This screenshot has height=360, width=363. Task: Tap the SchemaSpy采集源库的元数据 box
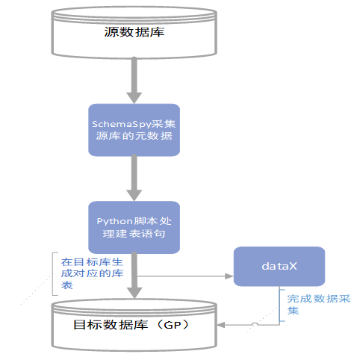coord(134,130)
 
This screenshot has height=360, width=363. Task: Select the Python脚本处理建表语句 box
coord(134,227)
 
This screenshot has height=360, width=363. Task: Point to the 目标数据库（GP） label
coord(135,326)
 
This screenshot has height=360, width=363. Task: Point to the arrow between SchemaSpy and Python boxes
coord(134,178)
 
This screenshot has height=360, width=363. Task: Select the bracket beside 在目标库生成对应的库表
coord(53,274)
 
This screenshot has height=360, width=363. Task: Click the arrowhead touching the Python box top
coord(134,196)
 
